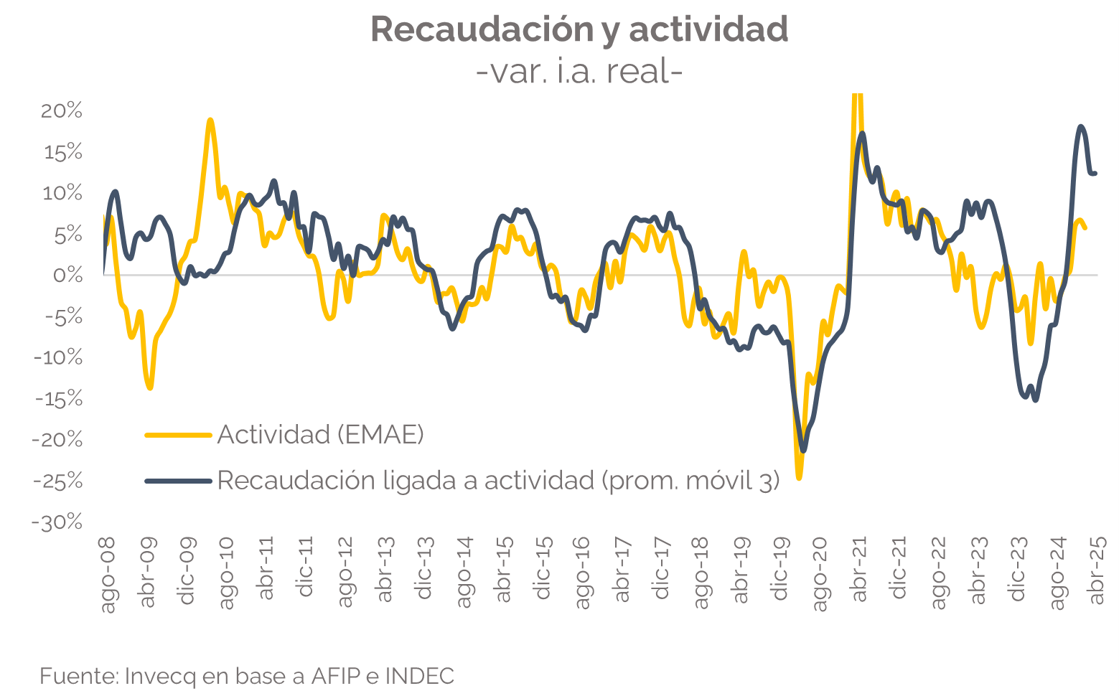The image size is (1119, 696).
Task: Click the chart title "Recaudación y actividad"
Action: point(579,29)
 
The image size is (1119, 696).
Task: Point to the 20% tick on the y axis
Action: point(62,110)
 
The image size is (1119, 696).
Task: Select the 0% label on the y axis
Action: point(68,276)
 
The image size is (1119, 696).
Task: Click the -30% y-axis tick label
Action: point(57,522)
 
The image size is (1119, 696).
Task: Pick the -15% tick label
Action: point(57,399)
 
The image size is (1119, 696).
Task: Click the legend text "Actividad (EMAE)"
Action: point(320,435)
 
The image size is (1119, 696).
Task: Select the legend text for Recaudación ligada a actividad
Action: point(498,481)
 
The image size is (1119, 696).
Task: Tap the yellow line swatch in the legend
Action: point(178,435)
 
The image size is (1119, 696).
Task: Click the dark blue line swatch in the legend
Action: point(178,481)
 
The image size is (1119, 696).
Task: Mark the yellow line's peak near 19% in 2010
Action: point(210,121)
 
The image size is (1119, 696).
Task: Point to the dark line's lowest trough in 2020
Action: point(803,451)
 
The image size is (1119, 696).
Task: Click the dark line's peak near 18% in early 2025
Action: point(1081,127)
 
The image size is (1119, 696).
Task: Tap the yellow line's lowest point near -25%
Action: point(799,477)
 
